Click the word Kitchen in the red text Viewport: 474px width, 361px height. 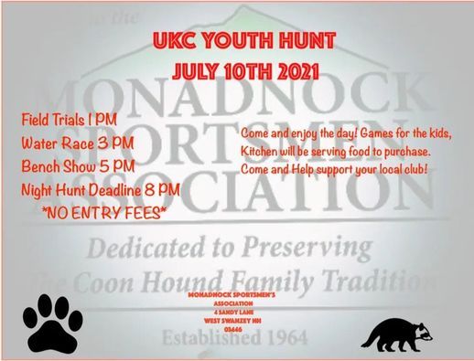pos(263,150)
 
